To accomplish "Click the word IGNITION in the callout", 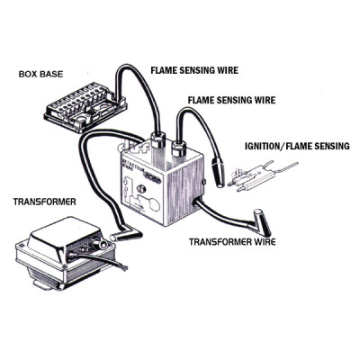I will coord(266,144).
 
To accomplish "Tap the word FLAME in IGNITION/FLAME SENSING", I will coord(303,144).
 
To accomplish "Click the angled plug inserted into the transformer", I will coord(123,235).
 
